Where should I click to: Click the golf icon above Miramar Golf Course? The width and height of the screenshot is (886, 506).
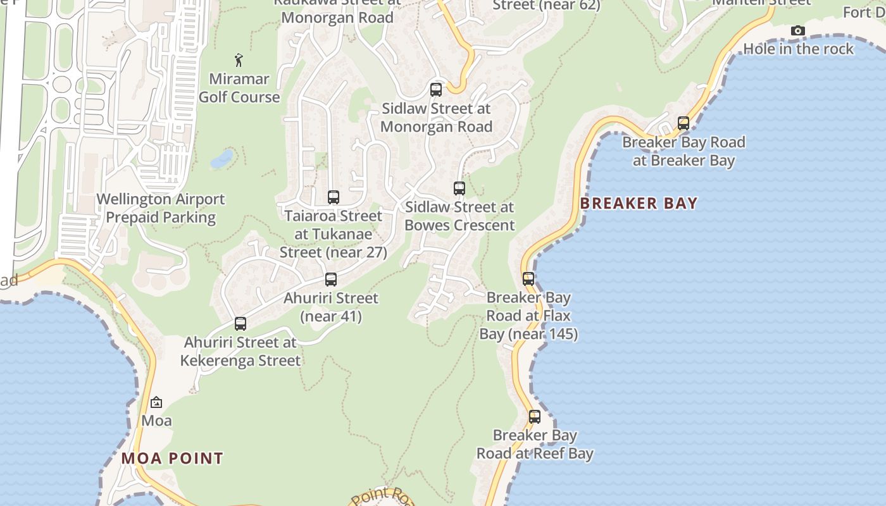pyautogui.click(x=239, y=60)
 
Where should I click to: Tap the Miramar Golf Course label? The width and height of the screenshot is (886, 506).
pyautogui.click(x=239, y=88)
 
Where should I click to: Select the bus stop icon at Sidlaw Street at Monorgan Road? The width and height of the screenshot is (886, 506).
pyautogui.click(x=436, y=89)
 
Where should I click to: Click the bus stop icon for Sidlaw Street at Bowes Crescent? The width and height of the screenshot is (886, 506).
pyautogui.click(x=459, y=188)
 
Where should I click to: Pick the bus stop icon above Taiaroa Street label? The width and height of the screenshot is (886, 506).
pyautogui.click(x=334, y=197)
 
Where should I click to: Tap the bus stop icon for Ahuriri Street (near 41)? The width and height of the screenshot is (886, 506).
pyautogui.click(x=331, y=279)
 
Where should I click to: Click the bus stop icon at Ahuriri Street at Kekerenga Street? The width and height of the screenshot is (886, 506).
pyautogui.click(x=240, y=323)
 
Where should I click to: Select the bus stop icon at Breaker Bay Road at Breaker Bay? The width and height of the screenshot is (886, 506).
pyautogui.click(x=683, y=123)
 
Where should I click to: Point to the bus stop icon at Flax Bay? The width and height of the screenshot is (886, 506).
pyautogui.click(x=528, y=278)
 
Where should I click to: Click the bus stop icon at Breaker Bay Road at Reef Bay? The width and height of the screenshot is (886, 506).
pyautogui.click(x=535, y=416)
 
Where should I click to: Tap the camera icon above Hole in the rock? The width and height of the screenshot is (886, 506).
pyautogui.click(x=798, y=30)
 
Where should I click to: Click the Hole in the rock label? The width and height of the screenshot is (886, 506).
pyautogui.click(x=798, y=49)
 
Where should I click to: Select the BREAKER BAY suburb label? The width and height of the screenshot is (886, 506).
pyautogui.click(x=639, y=203)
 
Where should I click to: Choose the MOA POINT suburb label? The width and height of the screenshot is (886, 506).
pyautogui.click(x=172, y=459)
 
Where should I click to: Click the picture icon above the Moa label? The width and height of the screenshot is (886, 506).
pyautogui.click(x=156, y=402)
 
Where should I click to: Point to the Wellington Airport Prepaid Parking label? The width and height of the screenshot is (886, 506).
pyautogui.click(x=161, y=208)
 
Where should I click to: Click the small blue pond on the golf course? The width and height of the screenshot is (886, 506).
pyautogui.click(x=221, y=158)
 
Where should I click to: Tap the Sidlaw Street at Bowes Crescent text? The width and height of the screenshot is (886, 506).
pyautogui.click(x=459, y=216)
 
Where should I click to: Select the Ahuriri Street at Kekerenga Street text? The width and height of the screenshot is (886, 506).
pyautogui.click(x=240, y=351)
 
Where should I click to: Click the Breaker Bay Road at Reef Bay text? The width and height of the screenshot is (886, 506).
pyautogui.click(x=535, y=444)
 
